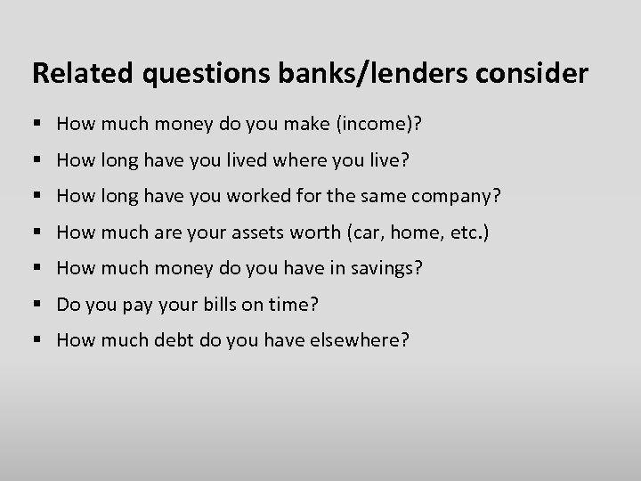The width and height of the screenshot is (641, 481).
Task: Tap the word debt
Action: (158, 339)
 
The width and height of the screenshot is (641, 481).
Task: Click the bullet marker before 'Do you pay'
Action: (37, 305)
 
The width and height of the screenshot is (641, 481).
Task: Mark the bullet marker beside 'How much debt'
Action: (37, 340)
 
